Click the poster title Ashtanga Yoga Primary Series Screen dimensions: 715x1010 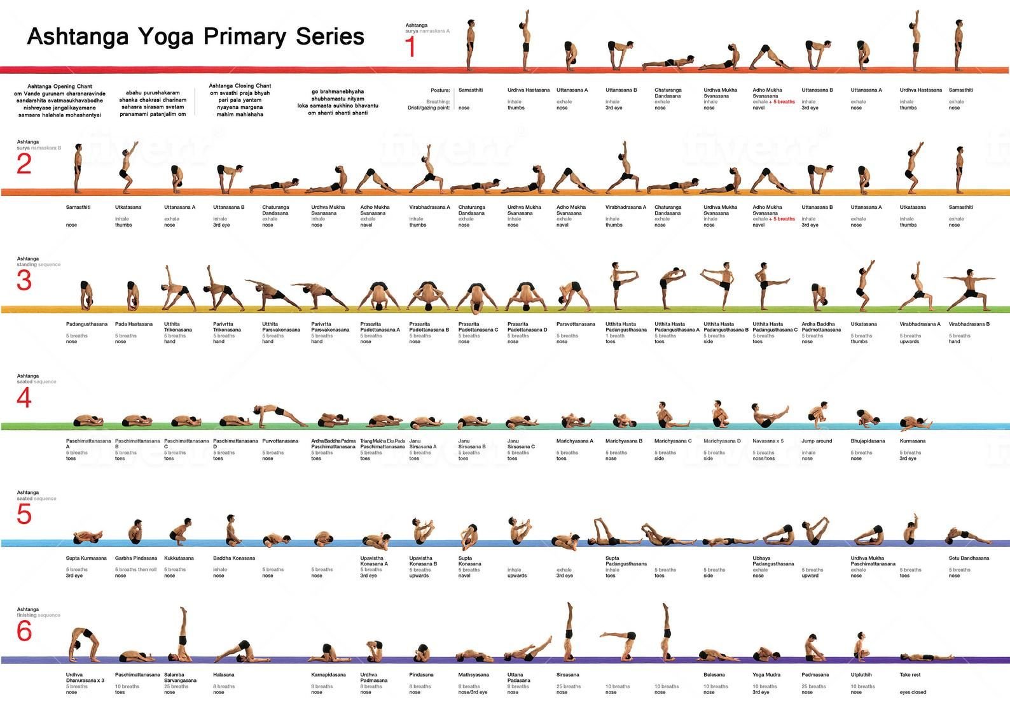[195, 36]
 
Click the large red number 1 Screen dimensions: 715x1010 [410, 47]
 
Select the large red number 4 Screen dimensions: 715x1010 [24, 398]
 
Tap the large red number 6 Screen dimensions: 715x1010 [24, 631]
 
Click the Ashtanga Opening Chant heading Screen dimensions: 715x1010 [60, 86]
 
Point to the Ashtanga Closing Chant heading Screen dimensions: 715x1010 [240, 85]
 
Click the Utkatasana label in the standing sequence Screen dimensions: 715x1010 [864, 324]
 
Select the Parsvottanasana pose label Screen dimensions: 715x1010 [576, 324]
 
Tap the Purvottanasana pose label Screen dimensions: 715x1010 [280, 441]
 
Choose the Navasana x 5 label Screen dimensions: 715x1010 [768, 441]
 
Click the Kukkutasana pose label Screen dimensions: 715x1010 [179, 558]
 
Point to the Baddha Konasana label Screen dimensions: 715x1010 [234, 558]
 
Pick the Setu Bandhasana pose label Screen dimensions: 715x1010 [969, 558]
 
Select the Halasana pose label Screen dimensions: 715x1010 [224, 675]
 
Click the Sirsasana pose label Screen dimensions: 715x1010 [567, 675]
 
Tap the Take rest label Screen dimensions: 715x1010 [910, 675]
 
